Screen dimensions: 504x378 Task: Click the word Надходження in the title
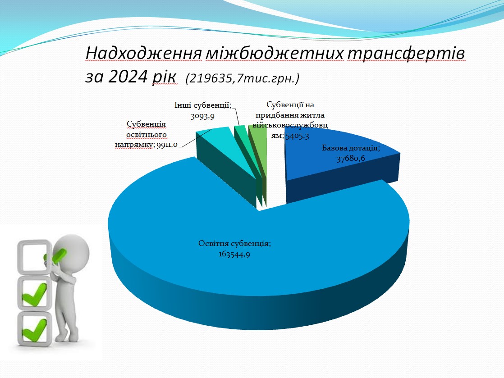(143, 53)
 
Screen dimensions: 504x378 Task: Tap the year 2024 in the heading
(128, 77)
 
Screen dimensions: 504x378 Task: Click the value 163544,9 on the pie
(234, 255)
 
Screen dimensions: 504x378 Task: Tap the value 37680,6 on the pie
(351, 158)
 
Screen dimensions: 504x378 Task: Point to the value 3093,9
(202, 116)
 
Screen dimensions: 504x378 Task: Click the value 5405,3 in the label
(298, 136)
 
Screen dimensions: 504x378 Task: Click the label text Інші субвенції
(202, 105)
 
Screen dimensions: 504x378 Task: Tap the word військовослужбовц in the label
(290, 125)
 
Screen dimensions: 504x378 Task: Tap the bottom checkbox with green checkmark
(35, 328)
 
